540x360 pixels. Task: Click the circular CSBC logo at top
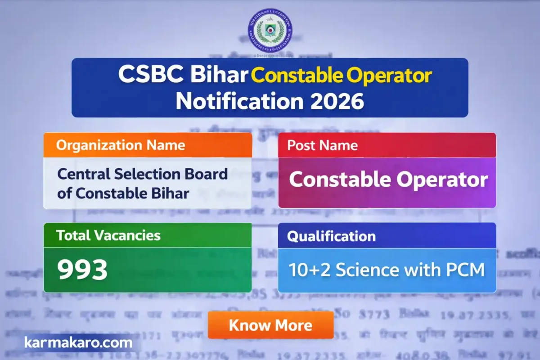pos(270,31)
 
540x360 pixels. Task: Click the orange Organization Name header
pos(120,145)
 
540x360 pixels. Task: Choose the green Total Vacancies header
pos(108,235)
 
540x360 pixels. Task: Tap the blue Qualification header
pos(331,236)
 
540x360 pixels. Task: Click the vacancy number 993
pos(82,270)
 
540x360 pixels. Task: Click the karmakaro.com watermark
pos(78,343)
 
